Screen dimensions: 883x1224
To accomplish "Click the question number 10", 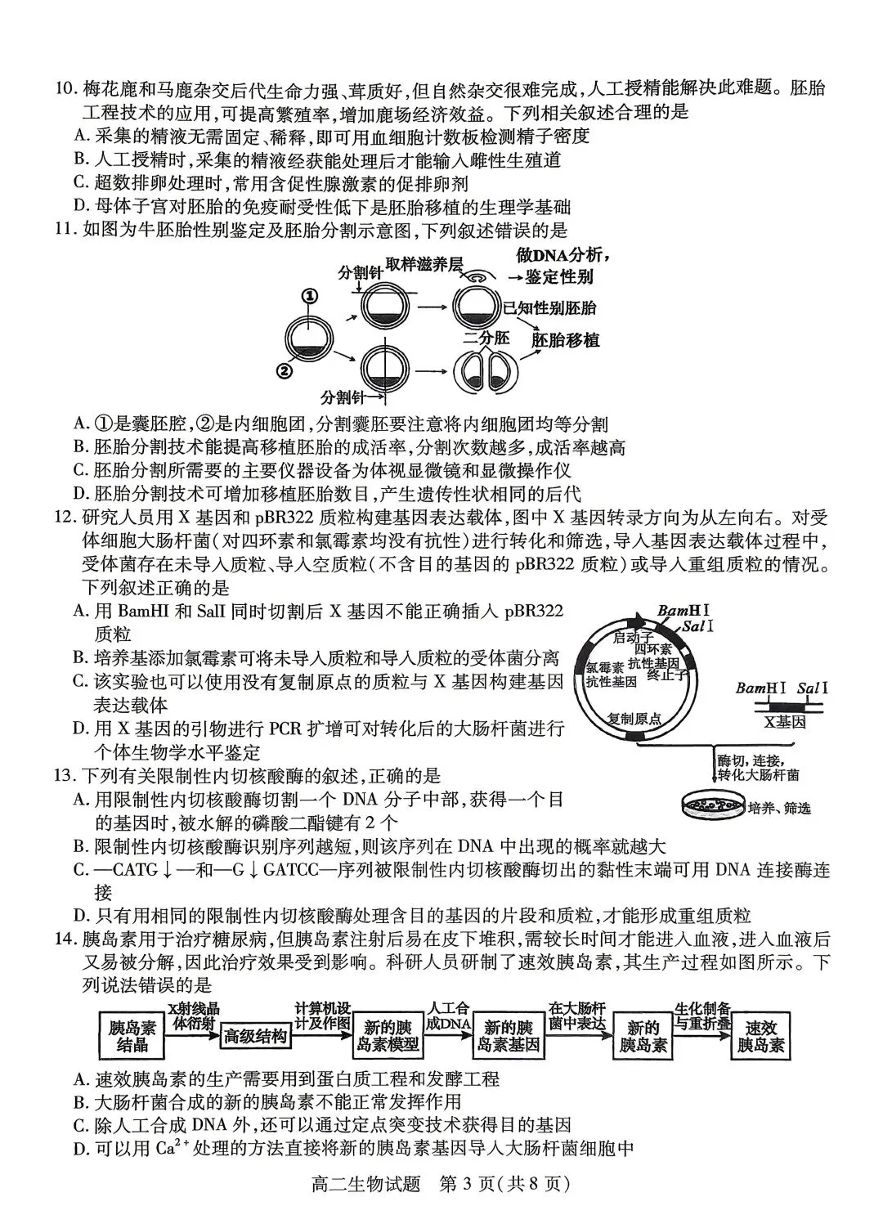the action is pos(62,88).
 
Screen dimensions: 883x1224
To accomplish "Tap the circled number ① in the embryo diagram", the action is pos(308,296).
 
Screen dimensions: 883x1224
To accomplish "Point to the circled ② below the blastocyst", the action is pos(284,370).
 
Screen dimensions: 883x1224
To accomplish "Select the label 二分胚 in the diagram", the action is pos(486,337).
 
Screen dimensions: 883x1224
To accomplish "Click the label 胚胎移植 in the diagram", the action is pos(565,340).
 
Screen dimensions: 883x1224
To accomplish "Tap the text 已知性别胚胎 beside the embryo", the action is pos(549,307).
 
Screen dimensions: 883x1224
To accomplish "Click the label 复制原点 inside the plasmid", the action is pos(634,719).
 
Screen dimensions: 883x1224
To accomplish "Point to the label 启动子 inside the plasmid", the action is pos(634,637).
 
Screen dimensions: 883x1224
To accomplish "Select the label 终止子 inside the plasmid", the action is pos(669,675).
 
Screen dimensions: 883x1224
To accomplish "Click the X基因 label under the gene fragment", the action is pos(785,722).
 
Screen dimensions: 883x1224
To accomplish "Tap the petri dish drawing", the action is pos(712,805).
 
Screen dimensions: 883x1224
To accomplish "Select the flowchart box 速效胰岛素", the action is pos(760,1036).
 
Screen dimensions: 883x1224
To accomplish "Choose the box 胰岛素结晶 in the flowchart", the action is pos(132,1036).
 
